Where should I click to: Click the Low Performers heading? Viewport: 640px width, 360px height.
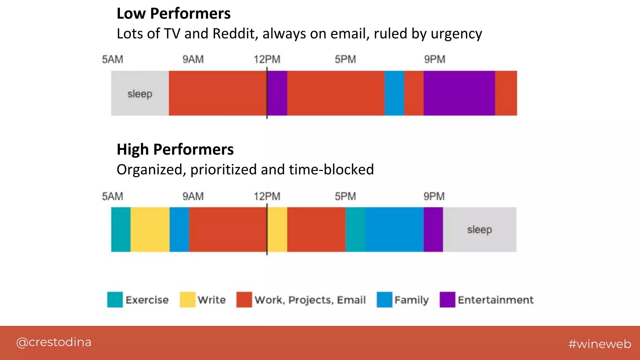tap(173, 14)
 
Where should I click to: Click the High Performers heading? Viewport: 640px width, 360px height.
tap(175, 149)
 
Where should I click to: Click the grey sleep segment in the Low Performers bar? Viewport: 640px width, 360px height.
tap(140, 93)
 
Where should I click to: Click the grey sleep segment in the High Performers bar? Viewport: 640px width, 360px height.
tap(479, 230)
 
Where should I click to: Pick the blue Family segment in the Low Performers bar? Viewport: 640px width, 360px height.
tap(394, 93)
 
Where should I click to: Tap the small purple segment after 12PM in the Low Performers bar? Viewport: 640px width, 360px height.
tap(277, 93)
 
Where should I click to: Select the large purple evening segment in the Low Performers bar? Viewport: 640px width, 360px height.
tap(459, 93)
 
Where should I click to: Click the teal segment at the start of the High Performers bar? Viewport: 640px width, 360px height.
tap(121, 230)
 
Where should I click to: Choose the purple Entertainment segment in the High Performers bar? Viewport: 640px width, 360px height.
tap(433, 230)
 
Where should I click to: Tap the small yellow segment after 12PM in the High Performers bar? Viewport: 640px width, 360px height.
tap(277, 230)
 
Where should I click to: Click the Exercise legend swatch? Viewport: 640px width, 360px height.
tap(115, 300)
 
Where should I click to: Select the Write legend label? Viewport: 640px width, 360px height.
tap(212, 300)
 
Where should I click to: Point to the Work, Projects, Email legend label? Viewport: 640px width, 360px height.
tap(310, 300)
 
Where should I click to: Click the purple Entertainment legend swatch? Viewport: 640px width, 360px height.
tap(447, 300)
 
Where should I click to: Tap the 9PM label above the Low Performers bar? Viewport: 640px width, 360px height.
tap(434, 59)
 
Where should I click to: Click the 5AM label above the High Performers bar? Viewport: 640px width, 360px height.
tap(112, 197)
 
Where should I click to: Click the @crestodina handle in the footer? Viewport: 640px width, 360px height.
tap(54, 342)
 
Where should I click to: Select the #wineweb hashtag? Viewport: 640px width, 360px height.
tap(600, 344)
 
